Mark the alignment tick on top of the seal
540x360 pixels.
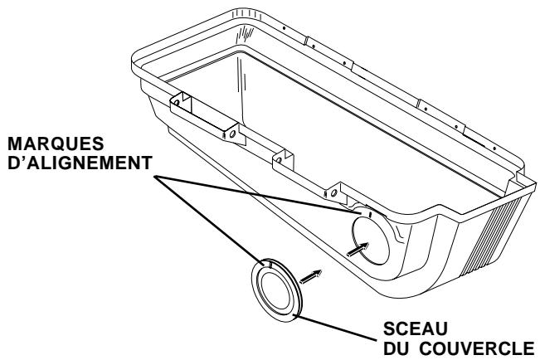(x=270, y=263)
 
